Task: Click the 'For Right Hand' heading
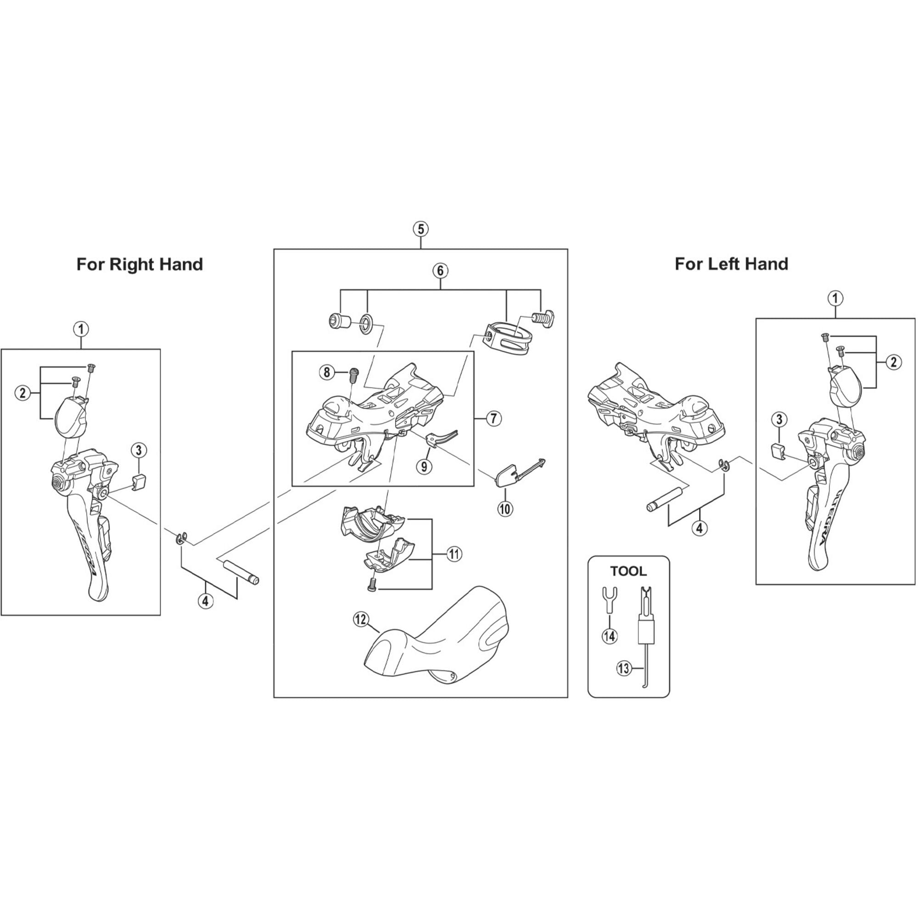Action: [x=140, y=264]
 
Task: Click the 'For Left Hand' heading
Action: [x=731, y=264]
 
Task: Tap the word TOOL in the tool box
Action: [x=628, y=571]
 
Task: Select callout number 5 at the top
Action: [x=420, y=229]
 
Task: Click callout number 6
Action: [x=440, y=271]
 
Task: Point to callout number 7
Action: [x=494, y=419]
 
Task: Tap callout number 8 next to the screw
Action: [x=326, y=372]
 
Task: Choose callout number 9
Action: [x=424, y=466]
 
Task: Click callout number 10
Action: [x=504, y=509]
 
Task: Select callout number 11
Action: [x=454, y=554]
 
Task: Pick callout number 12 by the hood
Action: [x=361, y=620]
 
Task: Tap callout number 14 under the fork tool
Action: [x=610, y=636]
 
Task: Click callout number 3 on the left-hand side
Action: [x=779, y=420]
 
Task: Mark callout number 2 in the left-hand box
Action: [x=893, y=362]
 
